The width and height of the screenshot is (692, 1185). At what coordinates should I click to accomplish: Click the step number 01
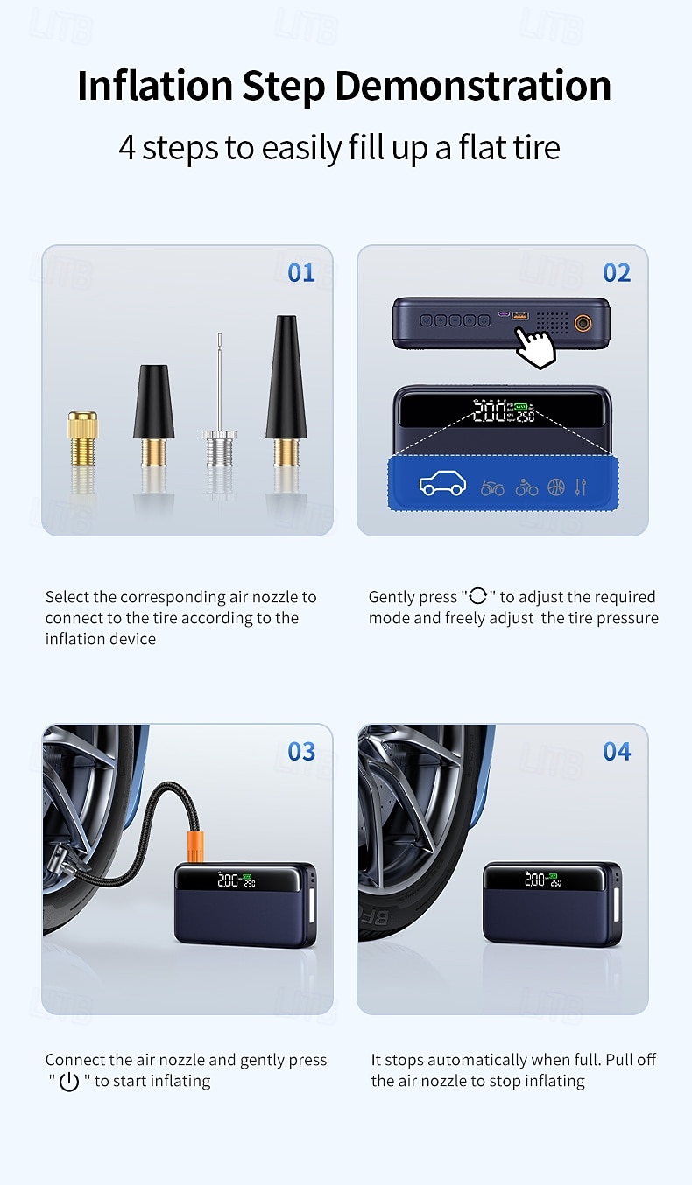300,273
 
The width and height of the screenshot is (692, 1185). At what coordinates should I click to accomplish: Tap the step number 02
617,273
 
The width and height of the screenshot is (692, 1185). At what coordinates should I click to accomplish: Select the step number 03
300,752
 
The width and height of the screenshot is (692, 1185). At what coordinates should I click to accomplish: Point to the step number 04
617,752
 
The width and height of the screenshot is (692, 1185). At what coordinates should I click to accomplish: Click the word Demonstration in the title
473,86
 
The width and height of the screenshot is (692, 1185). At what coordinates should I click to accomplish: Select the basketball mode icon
556,487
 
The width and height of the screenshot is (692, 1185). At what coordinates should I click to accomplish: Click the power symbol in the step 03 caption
69,1083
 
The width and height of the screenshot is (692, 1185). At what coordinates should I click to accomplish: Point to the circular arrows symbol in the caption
478,597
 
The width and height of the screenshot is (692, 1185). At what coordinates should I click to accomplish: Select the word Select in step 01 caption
67,597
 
